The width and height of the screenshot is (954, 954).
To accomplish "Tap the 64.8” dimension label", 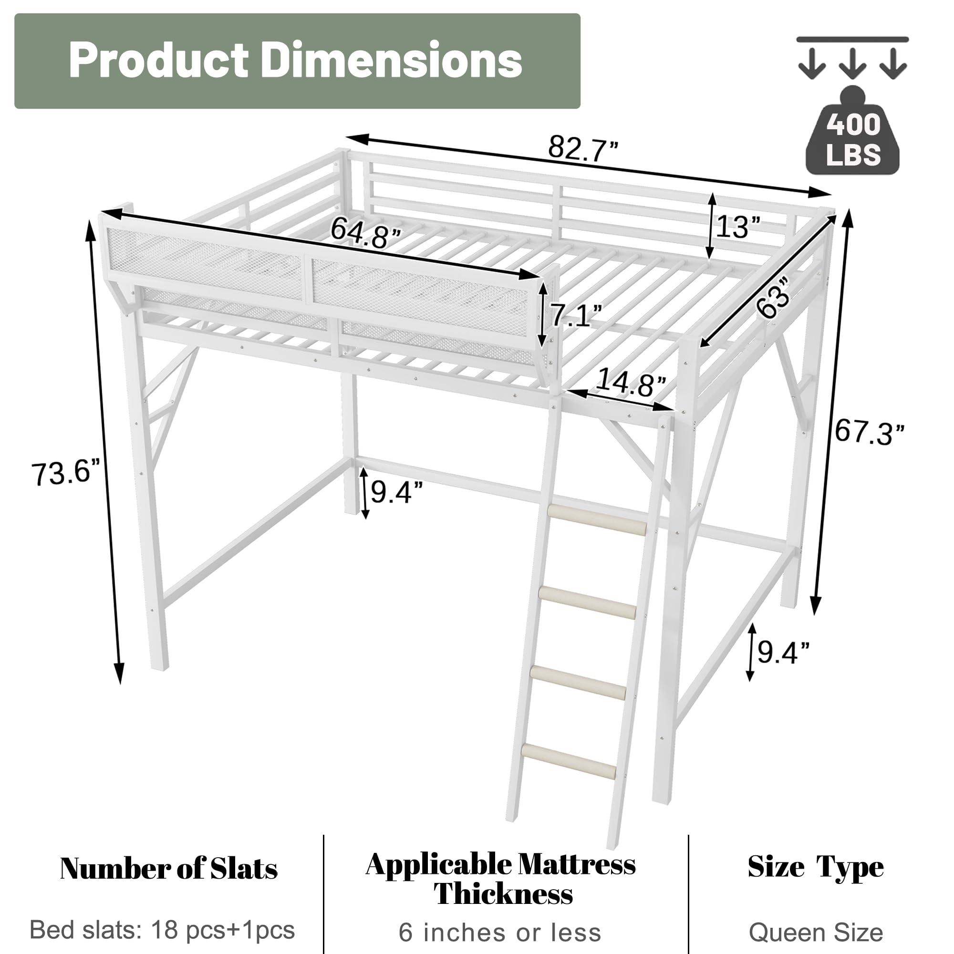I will tap(366, 233).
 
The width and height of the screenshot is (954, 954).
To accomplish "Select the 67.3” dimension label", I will tap(869, 432).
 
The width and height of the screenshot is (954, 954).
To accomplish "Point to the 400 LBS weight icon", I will tap(853, 138).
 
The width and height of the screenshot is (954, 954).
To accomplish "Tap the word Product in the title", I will tap(158, 61).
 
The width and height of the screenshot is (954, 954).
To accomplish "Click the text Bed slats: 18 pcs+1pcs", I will tap(163, 930).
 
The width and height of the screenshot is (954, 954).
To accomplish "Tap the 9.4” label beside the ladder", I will tap(783, 653).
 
